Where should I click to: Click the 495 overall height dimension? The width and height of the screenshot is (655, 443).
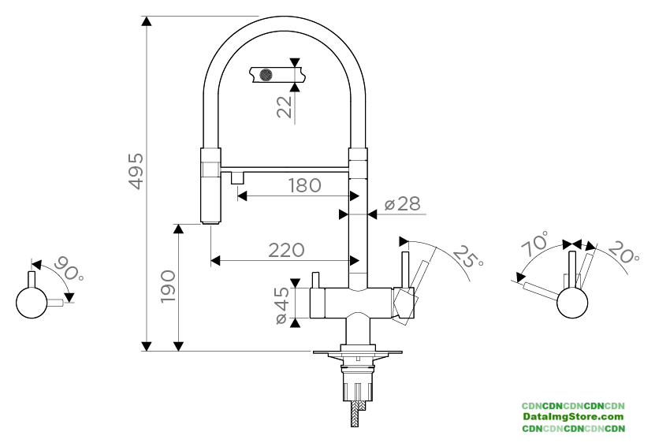click(136, 171)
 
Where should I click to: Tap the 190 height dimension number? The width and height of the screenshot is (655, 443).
click(168, 287)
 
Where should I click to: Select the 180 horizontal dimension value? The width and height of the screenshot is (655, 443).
click(305, 185)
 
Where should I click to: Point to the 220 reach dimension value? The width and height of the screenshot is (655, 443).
click(286, 251)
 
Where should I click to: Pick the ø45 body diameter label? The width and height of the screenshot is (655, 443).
click(283, 305)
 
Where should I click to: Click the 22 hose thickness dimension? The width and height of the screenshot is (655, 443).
click(285, 107)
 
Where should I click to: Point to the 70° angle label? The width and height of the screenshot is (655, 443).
click(535, 244)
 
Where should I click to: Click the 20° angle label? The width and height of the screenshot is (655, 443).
click(623, 252)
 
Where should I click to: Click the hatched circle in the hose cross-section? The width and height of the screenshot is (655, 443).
click(266, 75)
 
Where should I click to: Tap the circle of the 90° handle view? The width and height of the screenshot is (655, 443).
click(32, 303)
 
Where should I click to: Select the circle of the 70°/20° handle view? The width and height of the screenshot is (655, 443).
click(572, 303)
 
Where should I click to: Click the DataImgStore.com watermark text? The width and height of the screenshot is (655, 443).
click(573, 416)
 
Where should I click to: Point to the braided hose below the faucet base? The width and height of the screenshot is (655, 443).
click(355, 414)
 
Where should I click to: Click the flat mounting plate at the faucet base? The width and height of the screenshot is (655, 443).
click(358, 352)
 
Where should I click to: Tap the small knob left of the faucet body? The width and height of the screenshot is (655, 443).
click(315, 280)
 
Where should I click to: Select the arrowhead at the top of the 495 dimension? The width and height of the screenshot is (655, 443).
click(146, 21)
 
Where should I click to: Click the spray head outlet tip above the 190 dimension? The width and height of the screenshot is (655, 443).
click(210, 222)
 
